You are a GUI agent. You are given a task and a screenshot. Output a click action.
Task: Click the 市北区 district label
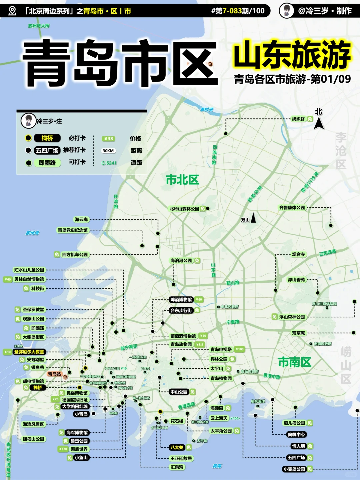coord(182,180)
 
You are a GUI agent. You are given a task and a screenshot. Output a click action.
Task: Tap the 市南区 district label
coord(295,362)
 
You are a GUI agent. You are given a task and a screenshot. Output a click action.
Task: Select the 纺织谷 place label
coord(298,119)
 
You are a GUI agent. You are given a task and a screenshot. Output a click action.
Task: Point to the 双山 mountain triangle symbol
coord(253,218)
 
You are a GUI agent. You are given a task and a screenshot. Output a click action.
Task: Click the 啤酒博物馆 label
coord(181,300)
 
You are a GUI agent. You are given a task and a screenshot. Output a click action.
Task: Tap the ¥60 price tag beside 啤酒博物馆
coord(199,300)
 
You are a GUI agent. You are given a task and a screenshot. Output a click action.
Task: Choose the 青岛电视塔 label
coord(221,349)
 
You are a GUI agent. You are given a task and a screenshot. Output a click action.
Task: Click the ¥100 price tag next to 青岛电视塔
coord(240,349)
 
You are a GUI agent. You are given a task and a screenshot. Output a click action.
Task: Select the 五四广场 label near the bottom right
coord(296,458)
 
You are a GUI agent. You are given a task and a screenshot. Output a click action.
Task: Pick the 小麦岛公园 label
coord(294,469)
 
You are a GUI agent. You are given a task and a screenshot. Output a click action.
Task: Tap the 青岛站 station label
coord(54,374)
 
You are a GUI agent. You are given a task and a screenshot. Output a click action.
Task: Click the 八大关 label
coord(177,447)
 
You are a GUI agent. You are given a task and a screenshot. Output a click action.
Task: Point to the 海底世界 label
coord(79,449)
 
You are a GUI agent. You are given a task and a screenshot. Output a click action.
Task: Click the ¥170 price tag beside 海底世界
coord(63,449)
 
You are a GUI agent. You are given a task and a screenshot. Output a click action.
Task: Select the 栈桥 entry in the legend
coord(47,138)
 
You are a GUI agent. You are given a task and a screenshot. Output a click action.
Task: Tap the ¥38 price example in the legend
coord(108,139)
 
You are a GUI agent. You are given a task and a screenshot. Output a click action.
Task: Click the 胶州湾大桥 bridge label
coord(39,26)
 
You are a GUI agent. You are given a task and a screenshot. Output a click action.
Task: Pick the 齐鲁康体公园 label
coord(292,208)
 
